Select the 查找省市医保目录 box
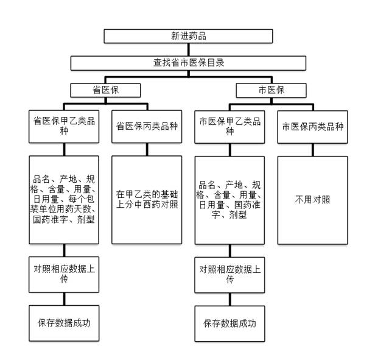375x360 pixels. point(188,63)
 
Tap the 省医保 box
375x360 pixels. point(105,90)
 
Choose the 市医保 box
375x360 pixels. point(270,90)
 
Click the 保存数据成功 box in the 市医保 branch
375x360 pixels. point(230,320)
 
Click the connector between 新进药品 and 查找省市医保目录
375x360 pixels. point(188,49)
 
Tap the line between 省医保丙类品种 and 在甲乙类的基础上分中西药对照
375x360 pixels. point(147,149)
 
